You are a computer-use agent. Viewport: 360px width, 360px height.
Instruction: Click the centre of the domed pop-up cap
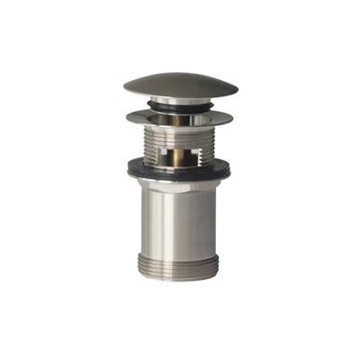pyautogui.click(x=180, y=86)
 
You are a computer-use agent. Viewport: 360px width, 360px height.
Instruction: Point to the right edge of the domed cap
pyautogui.click(x=237, y=89)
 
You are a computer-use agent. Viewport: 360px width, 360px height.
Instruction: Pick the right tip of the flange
pyautogui.click(x=232, y=118)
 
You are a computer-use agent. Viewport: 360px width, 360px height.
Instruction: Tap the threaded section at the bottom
pyautogui.click(x=180, y=265)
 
